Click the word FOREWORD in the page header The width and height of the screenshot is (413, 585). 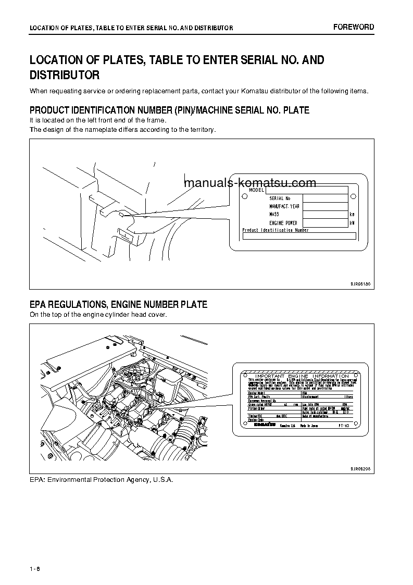coord(354,27)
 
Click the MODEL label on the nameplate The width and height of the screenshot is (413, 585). coord(256,190)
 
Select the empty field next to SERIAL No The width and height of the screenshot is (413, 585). coord(325,198)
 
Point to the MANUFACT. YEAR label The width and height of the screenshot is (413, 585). coord(284,206)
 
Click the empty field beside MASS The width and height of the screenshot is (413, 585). coord(325,215)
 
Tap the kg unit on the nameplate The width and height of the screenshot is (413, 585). coord(352,215)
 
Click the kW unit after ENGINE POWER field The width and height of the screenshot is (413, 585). coord(352,223)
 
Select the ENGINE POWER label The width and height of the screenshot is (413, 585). coord(283,223)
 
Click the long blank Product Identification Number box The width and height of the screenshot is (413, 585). coord(299,236)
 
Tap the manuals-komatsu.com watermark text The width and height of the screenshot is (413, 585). coord(250,183)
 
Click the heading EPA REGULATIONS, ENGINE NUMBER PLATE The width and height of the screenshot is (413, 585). coord(118,305)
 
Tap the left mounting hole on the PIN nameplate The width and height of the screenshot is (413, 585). coord(245,196)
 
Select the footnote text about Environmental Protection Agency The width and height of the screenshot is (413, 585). coord(101,479)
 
